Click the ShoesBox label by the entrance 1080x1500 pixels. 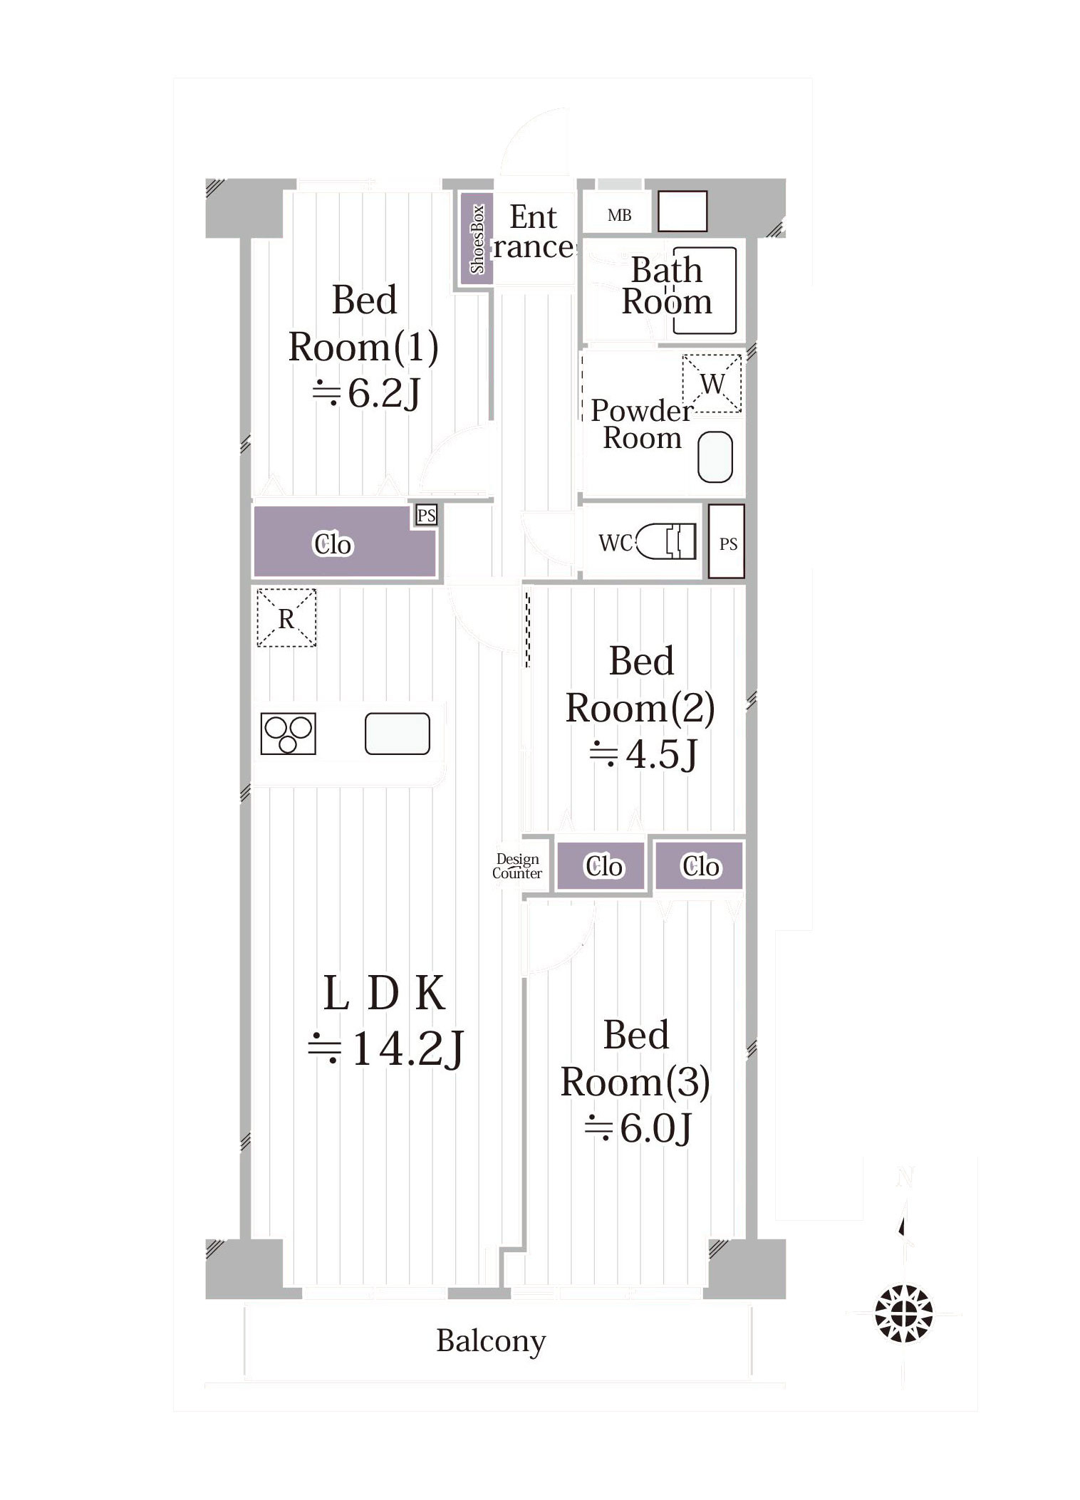coord(477,239)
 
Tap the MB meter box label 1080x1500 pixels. coord(619,215)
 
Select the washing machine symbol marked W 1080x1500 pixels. coord(712,383)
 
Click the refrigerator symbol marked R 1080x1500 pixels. coord(286,618)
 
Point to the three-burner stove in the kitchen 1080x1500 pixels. coord(288,734)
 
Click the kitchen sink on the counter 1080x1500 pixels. coord(398,734)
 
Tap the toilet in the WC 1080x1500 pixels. coord(665,541)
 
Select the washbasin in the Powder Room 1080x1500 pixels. coord(715,457)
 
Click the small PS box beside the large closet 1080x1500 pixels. coord(426,515)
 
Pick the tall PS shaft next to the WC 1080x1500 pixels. coord(727,541)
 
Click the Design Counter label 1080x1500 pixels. coord(517,866)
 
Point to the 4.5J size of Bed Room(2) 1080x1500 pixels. coord(643,754)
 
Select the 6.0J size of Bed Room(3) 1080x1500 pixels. coord(638,1127)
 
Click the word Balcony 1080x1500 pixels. coord(491,1341)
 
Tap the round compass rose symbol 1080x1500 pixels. coord(904,1313)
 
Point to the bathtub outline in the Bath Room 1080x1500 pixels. coord(704,290)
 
